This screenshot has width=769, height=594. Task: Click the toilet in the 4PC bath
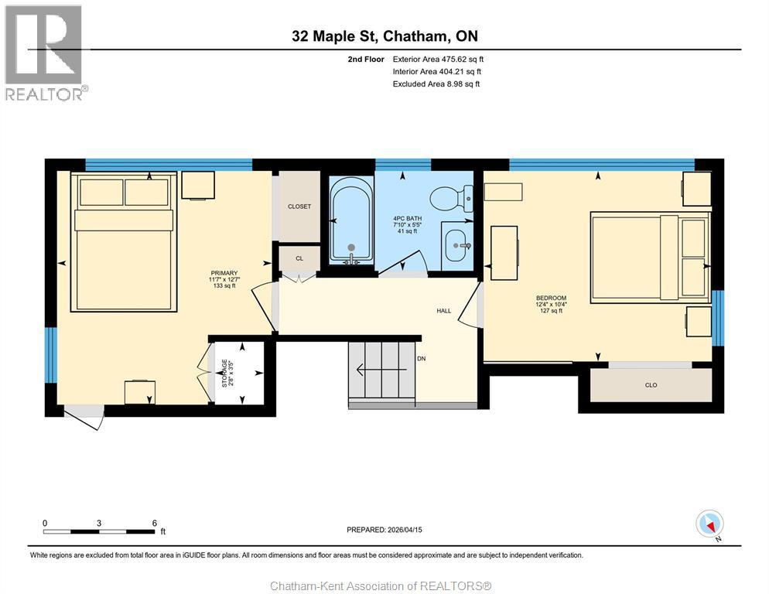[x=451, y=199]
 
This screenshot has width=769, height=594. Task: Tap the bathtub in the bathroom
[x=351, y=220]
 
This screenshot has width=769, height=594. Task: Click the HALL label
[x=443, y=310]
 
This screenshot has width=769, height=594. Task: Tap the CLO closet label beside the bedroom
[x=651, y=384]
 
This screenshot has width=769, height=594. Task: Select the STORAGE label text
[x=225, y=372]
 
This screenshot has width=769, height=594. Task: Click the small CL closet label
[x=299, y=259]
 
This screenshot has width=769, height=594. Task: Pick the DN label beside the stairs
[x=422, y=359]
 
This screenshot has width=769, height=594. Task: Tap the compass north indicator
[x=710, y=524]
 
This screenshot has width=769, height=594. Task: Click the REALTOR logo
[x=45, y=53]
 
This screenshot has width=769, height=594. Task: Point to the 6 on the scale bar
[x=155, y=523]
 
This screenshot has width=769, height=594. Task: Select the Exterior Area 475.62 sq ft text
[x=438, y=59]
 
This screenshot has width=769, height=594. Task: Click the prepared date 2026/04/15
[x=384, y=530]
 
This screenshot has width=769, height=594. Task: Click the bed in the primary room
[x=124, y=241]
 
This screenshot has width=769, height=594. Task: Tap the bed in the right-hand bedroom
[x=650, y=256]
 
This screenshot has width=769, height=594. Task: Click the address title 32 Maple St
[x=384, y=36]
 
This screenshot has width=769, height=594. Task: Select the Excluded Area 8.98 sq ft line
[x=436, y=84]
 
